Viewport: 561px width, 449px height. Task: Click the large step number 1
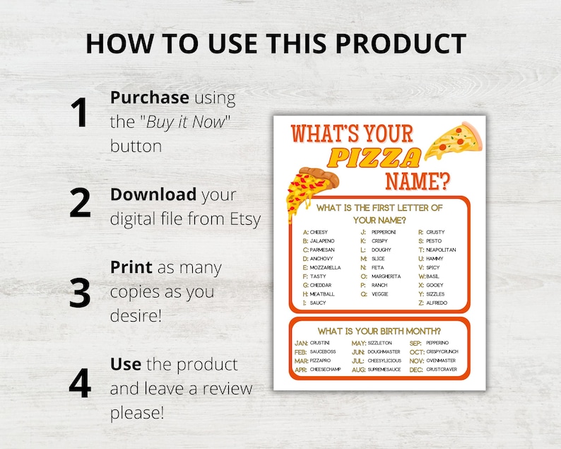click(x=80, y=113)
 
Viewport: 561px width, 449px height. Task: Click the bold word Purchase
click(x=149, y=98)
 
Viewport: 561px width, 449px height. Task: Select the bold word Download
click(x=153, y=194)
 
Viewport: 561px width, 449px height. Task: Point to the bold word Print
click(x=131, y=268)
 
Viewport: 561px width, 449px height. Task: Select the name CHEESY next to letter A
click(x=319, y=232)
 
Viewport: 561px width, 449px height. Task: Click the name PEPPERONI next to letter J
click(x=384, y=232)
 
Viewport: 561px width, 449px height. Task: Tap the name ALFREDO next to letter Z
click(x=437, y=303)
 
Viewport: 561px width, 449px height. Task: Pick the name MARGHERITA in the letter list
click(x=386, y=276)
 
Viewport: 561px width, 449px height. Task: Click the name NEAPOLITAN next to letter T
click(x=441, y=250)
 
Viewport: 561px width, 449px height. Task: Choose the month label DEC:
click(x=417, y=369)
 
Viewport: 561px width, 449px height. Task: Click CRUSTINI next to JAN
click(x=320, y=343)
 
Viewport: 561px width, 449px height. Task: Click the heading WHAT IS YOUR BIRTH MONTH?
click(x=379, y=331)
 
